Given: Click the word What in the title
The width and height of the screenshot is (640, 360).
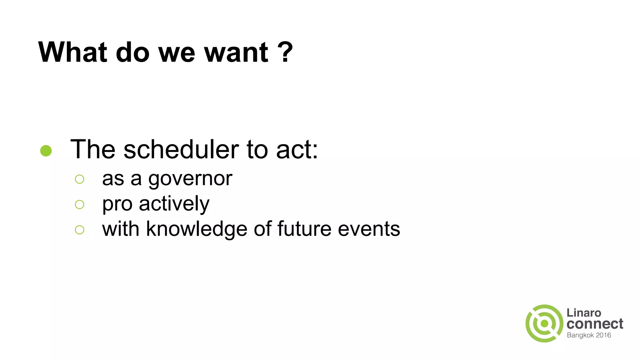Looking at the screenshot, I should (73, 52).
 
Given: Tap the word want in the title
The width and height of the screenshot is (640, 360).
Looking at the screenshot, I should (236, 52).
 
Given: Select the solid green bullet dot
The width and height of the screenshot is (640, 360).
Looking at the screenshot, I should (46, 151).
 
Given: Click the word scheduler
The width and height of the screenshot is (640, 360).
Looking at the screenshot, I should (181, 149).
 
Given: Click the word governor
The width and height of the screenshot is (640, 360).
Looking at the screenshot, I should (190, 179).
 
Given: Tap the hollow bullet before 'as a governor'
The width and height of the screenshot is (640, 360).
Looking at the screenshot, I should (80, 179).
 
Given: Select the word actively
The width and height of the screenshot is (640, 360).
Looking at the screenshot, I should (174, 204).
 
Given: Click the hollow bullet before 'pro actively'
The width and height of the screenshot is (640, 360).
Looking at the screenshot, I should (80, 204).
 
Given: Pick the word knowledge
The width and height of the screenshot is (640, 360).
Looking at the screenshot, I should (197, 229).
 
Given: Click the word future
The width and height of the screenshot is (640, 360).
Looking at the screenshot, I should (304, 229).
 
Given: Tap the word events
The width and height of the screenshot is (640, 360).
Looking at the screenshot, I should (369, 229).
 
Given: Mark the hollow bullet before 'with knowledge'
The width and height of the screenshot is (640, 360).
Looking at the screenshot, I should (80, 230).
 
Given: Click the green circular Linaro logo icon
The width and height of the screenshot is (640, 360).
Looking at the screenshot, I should (544, 323).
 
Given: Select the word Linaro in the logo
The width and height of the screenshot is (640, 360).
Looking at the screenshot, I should (584, 313).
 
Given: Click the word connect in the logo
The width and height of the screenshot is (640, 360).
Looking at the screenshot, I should (595, 324).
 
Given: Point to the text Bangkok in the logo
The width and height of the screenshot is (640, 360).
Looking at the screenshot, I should (580, 335).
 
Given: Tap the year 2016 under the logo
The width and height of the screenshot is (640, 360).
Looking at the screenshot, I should (603, 335).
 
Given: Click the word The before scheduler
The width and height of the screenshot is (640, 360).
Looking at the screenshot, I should (93, 149).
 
